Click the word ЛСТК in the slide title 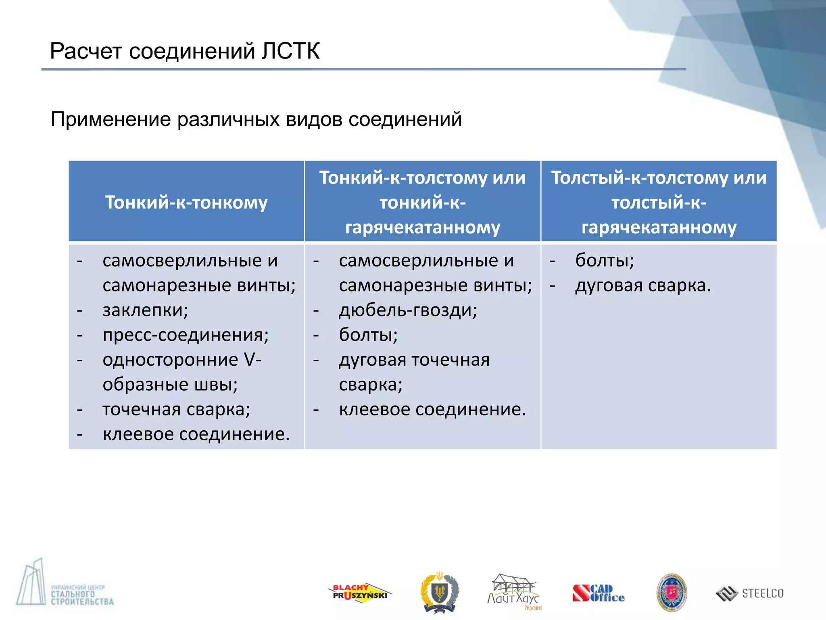[290, 52]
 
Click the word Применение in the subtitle [111, 120]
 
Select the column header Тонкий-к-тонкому [186, 202]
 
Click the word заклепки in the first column [145, 310]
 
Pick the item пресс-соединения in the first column [186, 335]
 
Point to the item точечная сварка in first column [176, 409]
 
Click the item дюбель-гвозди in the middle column [408, 310]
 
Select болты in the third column [604, 260]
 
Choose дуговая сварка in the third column [643, 286]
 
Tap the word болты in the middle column [368, 335]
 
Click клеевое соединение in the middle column [432, 409]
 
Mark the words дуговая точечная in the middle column [414, 360]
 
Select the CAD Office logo [599, 593]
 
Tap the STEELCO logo [750, 593]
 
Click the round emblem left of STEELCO [672, 592]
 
